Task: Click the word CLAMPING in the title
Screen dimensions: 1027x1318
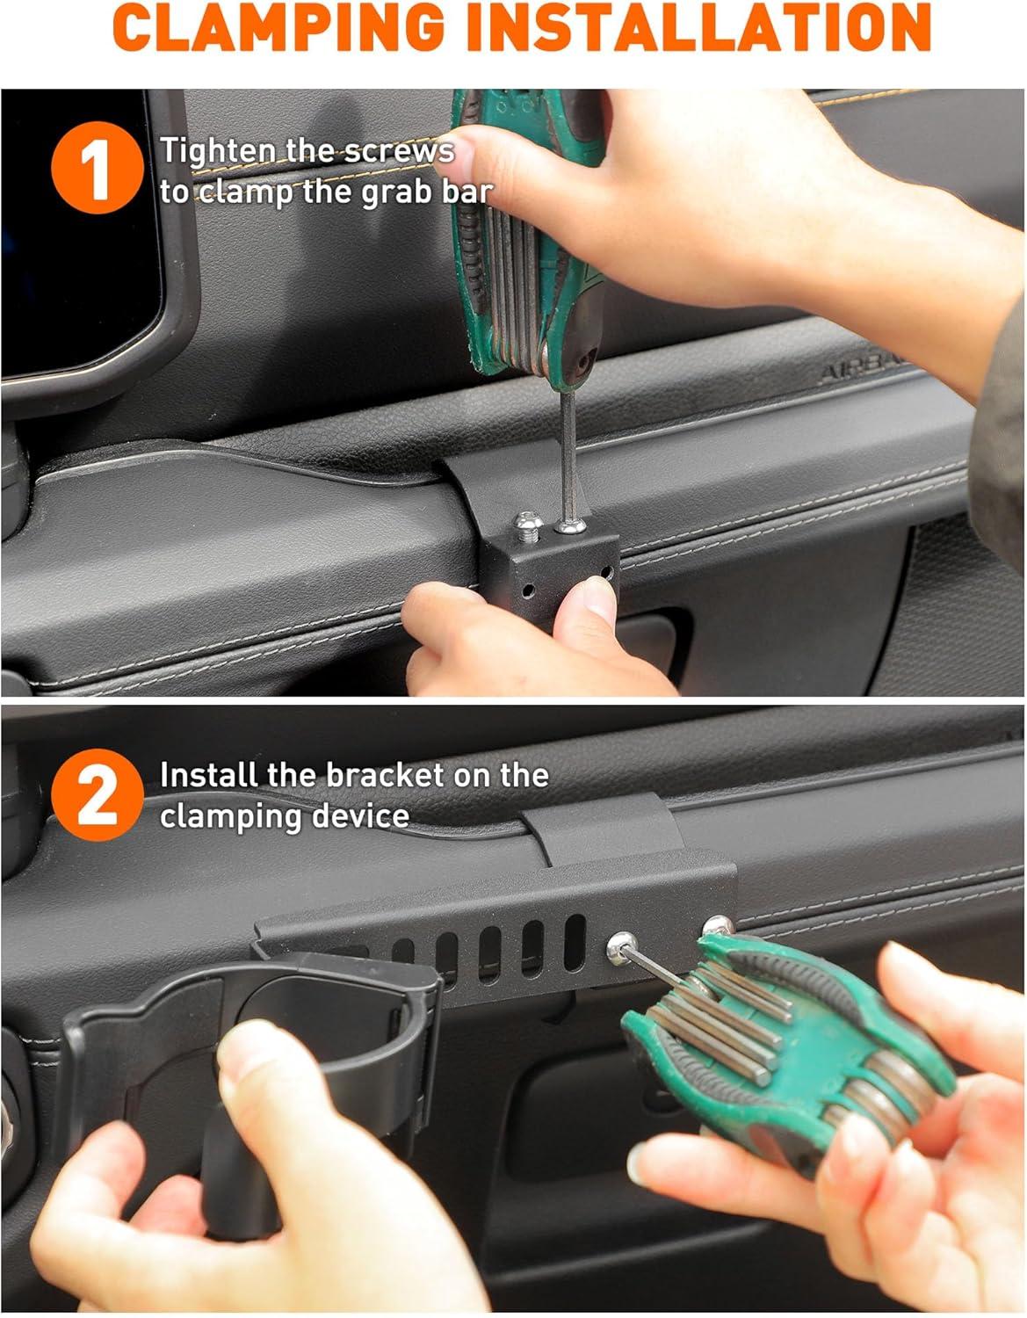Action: coord(278,27)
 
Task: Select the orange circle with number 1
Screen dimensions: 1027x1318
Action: coord(97,168)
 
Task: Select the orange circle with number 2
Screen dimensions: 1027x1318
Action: coord(97,795)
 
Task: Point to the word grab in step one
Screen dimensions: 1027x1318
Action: coord(395,193)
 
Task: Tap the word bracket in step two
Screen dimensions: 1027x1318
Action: coord(385,776)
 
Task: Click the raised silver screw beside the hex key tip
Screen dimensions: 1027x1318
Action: coord(527,525)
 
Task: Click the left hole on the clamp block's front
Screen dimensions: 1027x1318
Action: coord(528,590)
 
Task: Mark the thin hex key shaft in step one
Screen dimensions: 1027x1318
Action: coord(568,455)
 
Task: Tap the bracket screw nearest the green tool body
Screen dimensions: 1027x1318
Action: coord(717,925)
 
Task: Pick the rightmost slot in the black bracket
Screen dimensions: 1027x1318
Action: coord(575,943)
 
